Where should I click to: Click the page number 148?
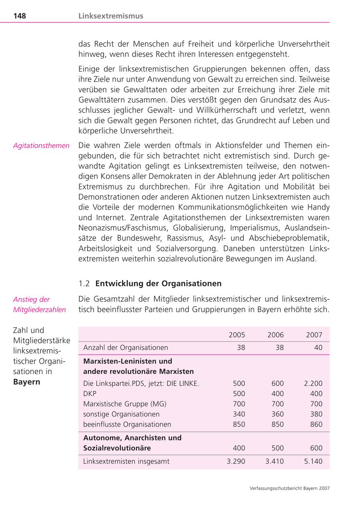pos(19,16)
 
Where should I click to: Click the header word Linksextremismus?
pos(111,16)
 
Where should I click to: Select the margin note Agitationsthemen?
pos(41,146)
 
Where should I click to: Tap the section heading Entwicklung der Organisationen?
pos(158,284)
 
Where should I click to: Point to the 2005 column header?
pos(237,335)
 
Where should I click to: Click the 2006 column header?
pos(276,335)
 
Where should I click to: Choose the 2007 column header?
pos(314,335)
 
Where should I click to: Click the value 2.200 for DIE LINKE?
pos(313,383)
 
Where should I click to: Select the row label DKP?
pos(90,394)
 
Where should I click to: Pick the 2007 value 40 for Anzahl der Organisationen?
pos(318,348)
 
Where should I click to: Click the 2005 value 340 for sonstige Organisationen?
pos(239,414)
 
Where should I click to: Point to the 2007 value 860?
pos(316,424)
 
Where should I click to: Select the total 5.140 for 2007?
pos(313,461)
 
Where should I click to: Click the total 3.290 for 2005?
pos(236,461)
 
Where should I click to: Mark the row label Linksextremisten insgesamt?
pos(126,461)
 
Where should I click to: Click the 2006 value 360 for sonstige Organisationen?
pos(277,414)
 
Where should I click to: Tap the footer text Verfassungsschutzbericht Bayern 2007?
pos(289,488)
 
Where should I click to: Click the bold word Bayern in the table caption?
pos(27,382)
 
